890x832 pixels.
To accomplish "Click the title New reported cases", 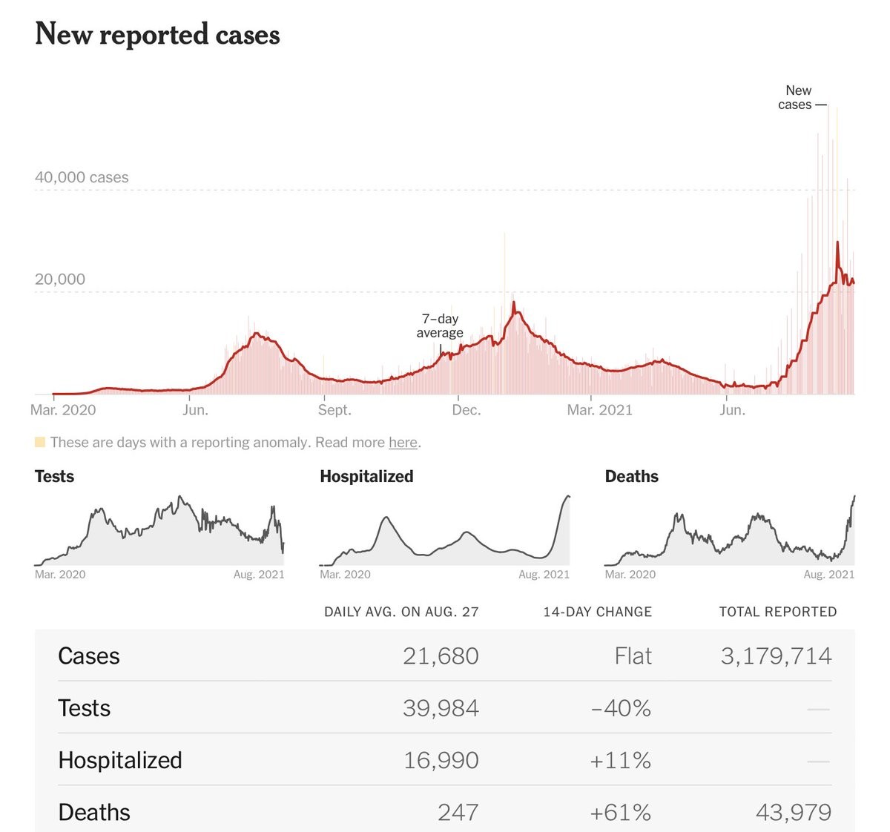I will coord(157,35).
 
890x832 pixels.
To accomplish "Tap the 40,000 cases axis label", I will coord(82,177).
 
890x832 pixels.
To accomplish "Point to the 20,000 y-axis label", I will coord(60,280).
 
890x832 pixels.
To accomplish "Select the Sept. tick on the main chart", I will coord(334,410).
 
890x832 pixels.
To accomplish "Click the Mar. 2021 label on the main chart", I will coord(599,410).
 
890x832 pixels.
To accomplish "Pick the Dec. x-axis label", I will coord(466,410).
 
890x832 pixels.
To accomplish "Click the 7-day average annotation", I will coord(440,326).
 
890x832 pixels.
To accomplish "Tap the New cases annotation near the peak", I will coord(796,97).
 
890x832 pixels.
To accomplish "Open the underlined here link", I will coord(403,443).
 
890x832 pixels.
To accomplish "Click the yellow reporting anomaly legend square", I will coord(40,443).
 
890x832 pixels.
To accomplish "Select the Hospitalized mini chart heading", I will coord(366,477).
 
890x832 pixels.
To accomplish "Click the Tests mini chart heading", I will coord(54,477).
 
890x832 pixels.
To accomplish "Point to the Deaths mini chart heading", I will coord(632,477).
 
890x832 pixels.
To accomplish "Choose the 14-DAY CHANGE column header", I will coord(597,612).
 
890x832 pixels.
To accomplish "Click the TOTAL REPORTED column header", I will coord(777,612).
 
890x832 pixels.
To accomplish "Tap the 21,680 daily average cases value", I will coord(441,656).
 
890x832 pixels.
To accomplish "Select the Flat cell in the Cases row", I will coord(633,656).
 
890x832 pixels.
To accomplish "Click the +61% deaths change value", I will coord(620,813).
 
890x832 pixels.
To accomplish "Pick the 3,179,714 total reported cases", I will coord(776,656).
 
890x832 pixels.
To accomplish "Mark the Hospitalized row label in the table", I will coord(120,761).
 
